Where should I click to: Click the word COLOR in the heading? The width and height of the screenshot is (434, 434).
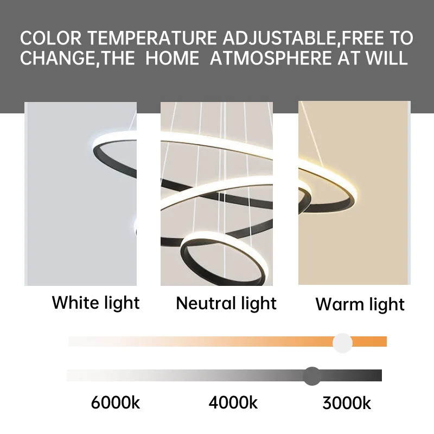click(51, 38)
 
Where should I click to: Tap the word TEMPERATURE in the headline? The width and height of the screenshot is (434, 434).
click(152, 38)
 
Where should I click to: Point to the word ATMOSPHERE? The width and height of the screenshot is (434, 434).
click(271, 58)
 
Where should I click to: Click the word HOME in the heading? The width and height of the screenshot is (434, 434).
click(172, 58)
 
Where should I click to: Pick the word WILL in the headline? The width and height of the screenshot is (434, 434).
click(386, 58)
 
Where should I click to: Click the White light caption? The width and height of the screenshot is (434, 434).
click(96, 303)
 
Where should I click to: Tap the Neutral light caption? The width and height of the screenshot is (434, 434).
click(226, 304)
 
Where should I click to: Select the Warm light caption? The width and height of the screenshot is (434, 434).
click(360, 305)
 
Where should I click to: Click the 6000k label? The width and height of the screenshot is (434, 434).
click(116, 402)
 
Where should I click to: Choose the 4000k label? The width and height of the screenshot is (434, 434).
click(233, 402)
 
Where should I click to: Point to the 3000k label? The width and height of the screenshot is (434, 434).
click(347, 403)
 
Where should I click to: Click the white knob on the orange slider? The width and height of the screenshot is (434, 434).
click(342, 343)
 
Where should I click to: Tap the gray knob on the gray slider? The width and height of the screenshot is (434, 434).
click(312, 376)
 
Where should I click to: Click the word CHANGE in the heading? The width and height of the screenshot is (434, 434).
click(58, 58)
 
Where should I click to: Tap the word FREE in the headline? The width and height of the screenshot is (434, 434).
click(362, 38)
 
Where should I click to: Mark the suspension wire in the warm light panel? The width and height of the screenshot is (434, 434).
click(312, 134)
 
